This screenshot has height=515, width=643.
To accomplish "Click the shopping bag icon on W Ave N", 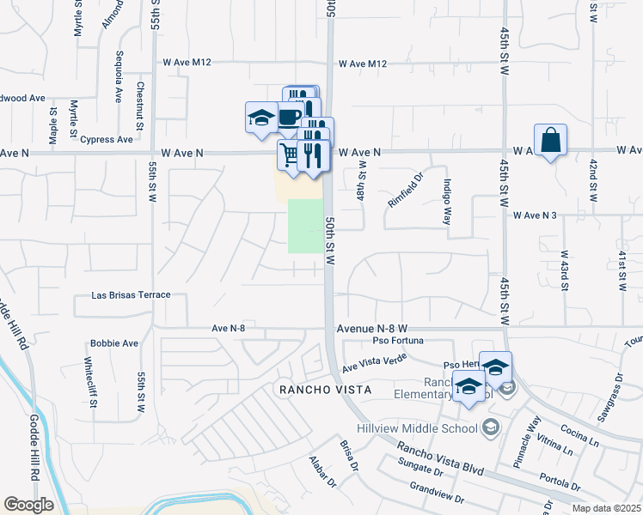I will (x=550, y=141).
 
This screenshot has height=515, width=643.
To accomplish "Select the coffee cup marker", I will (x=290, y=117).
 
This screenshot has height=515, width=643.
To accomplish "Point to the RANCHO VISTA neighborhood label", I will (x=326, y=390).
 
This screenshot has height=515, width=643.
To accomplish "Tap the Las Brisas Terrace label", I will (x=131, y=295).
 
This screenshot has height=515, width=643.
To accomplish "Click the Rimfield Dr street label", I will (x=407, y=191).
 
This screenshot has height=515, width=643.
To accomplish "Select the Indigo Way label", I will (x=447, y=201).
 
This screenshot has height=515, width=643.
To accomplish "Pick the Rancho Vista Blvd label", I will (x=439, y=459).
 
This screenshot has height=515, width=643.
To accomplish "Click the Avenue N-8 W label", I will (x=371, y=328).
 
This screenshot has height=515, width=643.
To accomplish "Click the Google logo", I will (x=28, y=505).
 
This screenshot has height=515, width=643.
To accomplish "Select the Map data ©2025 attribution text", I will (x=605, y=508).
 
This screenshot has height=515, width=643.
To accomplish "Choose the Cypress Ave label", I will (x=106, y=139).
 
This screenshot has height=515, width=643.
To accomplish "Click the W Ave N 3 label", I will (x=536, y=215).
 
